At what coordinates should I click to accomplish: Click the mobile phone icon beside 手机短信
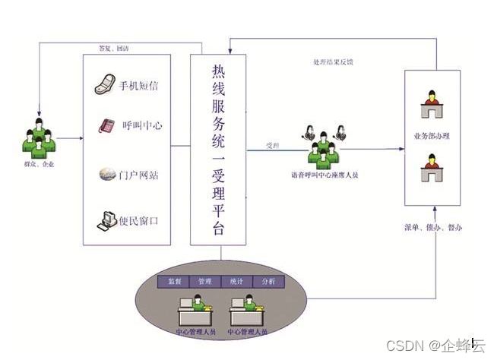(104, 85)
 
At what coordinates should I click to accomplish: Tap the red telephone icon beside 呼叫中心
(106, 125)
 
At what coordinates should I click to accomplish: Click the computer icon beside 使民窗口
(106, 221)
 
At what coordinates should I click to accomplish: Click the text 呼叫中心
(142, 126)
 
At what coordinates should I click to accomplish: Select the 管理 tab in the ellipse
(204, 282)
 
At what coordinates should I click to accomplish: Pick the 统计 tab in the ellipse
(236, 282)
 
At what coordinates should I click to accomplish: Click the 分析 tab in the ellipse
(268, 282)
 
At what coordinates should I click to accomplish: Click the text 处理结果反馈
(333, 61)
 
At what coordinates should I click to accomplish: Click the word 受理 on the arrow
(271, 144)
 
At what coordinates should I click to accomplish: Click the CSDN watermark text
(435, 346)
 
